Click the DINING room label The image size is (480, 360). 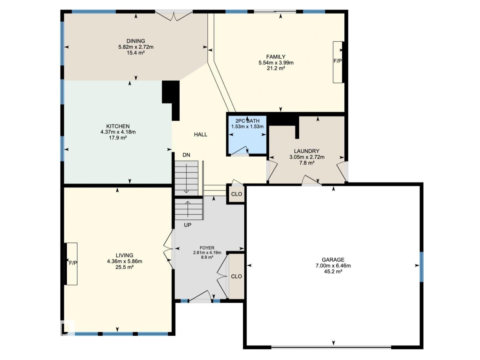pos(136,41)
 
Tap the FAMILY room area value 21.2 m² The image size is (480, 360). pos(276,68)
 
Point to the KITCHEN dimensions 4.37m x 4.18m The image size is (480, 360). pos(118,132)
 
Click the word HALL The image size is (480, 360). pos(200,134)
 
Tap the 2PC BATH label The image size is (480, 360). pos(247,121)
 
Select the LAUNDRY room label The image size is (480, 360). pos(306,151)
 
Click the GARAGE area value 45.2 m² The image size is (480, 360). pos(333,271)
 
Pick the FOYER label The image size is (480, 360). pos(207,248)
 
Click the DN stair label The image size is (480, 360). pos(186,155)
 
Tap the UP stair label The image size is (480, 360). pos(187,225)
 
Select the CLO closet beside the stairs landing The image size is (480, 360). pos(236,194)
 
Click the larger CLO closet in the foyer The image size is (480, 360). pos(236,276)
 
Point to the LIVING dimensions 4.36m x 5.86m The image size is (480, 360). pos(124,261)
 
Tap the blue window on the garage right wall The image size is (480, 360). pos(421,267)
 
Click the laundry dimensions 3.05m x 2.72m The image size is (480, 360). pos(307,157)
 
